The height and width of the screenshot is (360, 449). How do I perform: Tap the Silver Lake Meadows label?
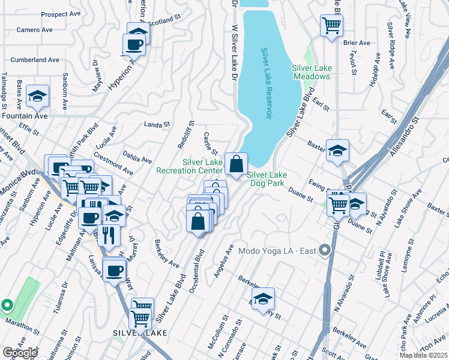click(x=310, y=72)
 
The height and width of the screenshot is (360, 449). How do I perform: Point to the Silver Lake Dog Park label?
click(x=267, y=179)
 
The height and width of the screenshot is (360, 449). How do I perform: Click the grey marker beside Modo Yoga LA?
click(x=325, y=250)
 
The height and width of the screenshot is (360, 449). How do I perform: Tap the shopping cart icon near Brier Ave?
click(x=331, y=26)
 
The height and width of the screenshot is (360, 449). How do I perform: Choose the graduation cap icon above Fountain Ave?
click(x=37, y=95)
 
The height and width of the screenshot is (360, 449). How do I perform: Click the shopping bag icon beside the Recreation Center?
click(x=236, y=163)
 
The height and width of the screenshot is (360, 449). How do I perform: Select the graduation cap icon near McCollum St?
click(x=262, y=299)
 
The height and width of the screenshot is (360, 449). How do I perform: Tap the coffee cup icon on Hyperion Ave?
click(x=134, y=44)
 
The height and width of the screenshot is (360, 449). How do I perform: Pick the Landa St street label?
click(x=157, y=125)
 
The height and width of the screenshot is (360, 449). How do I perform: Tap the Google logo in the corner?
click(x=19, y=353)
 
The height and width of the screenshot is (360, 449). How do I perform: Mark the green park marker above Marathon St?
click(x=7, y=305)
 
